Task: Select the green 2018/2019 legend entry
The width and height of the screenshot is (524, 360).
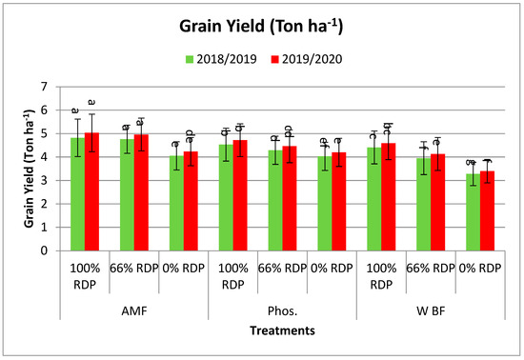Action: (220, 59)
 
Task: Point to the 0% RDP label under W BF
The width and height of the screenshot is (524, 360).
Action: (478, 268)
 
